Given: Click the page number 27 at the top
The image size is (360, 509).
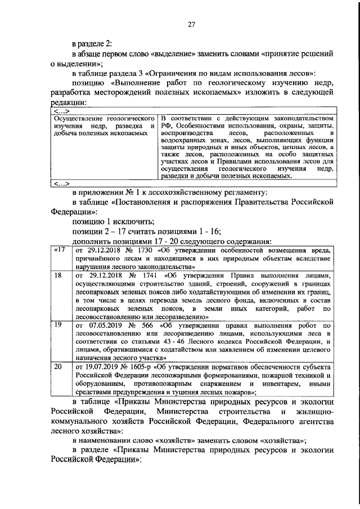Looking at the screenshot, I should coord(191,24).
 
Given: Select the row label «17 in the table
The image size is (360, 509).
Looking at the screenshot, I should coord(59,249).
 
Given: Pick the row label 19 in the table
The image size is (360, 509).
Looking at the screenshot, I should coord(57,325).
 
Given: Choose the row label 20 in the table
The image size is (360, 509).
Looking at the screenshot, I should coord(57,366).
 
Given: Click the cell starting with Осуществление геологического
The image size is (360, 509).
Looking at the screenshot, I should coord(103,119).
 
